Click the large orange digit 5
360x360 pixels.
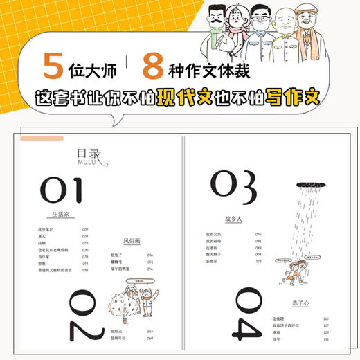pos(52,68)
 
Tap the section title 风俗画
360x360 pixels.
pos(132,241)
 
